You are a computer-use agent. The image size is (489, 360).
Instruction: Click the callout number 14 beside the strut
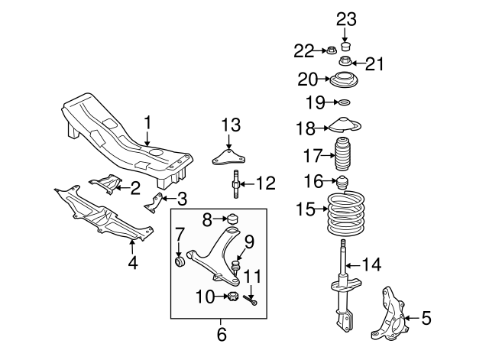[371, 265]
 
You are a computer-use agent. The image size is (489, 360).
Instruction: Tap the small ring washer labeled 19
[345, 102]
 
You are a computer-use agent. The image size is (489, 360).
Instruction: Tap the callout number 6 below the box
[221, 334]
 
